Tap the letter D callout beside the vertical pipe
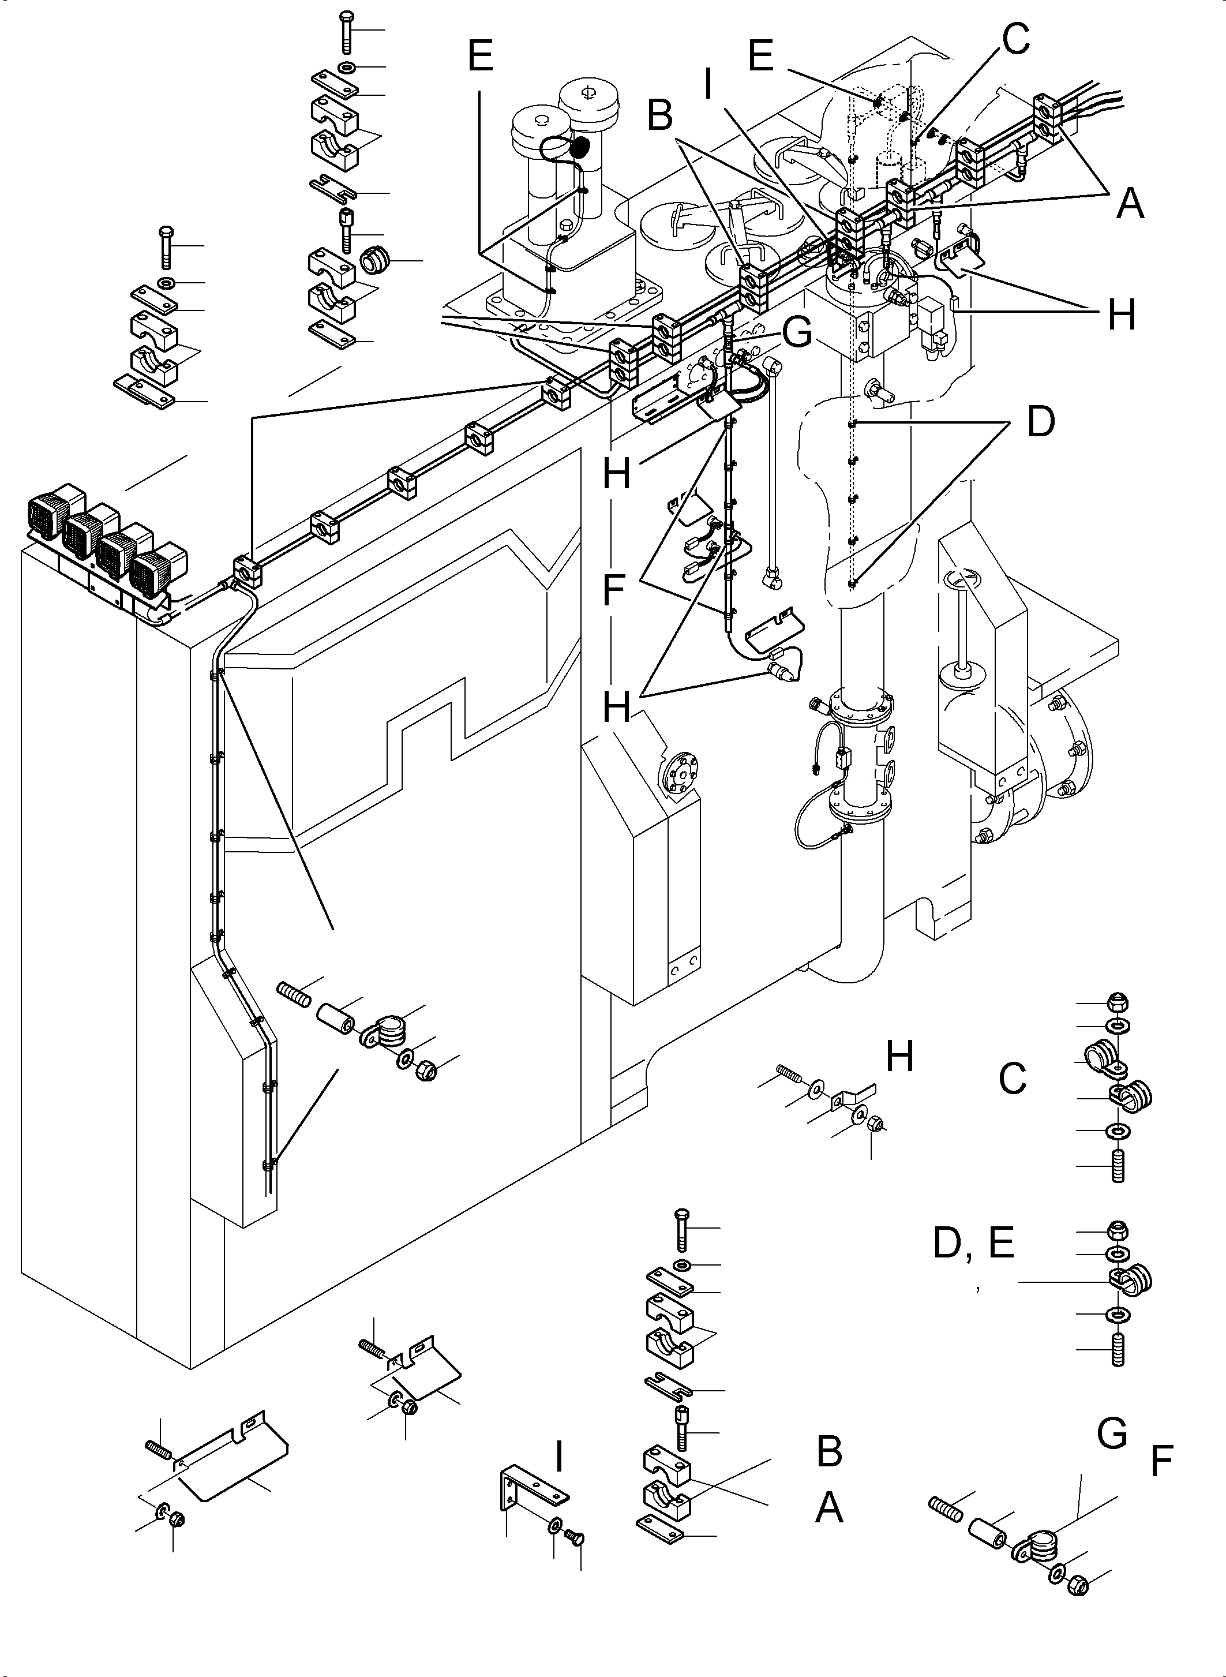point(1040,422)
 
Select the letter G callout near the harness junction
point(798,334)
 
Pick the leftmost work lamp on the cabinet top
point(48,514)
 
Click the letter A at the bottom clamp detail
point(829,1508)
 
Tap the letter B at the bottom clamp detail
point(829,1451)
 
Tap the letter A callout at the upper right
point(1130,203)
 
